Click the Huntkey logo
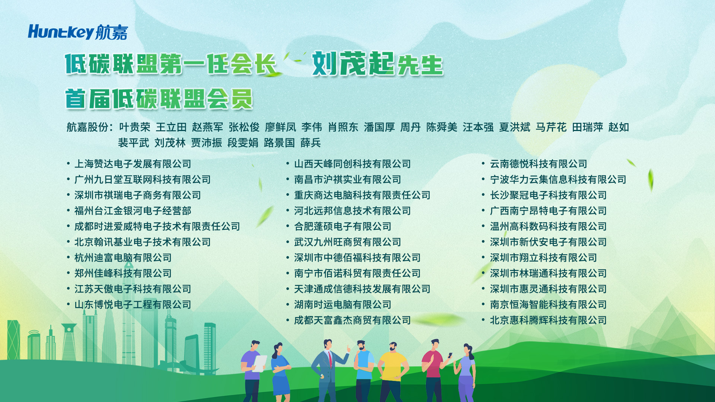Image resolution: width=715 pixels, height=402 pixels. [x=78, y=32]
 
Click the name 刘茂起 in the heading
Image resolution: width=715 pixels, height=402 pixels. [x=353, y=64]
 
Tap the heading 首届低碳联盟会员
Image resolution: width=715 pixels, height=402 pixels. [x=159, y=99]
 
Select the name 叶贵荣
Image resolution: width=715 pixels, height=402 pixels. [x=134, y=127]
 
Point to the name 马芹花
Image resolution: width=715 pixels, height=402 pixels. [x=551, y=127]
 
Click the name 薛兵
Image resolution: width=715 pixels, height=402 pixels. [x=311, y=143]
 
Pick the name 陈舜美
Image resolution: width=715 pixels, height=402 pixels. [x=442, y=127]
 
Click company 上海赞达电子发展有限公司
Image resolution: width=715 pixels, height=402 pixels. [x=133, y=164]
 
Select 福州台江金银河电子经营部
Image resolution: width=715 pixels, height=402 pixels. [x=133, y=211]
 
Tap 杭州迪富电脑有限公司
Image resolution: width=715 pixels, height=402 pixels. [x=123, y=258]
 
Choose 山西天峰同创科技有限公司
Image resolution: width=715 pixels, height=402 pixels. [x=352, y=164]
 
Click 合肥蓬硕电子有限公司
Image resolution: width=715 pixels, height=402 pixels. [x=343, y=226]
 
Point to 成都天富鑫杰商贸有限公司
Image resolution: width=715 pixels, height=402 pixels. [x=352, y=320]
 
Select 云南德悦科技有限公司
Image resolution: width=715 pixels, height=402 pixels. [x=538, y=164]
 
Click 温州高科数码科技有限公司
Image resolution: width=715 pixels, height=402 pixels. [x=548, y=226]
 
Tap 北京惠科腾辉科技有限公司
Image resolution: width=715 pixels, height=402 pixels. [x=548, y=320]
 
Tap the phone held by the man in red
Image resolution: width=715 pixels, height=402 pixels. [x=450, y=355]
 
